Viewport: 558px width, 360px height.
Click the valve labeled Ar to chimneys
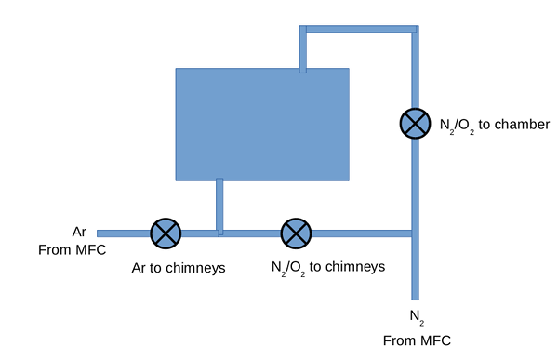166,233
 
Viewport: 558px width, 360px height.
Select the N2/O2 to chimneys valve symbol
296,233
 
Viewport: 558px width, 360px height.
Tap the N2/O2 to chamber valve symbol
416,123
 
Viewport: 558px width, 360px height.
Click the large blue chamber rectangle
262,125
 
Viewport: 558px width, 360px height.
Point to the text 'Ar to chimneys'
179,268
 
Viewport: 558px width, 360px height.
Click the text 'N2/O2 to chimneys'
328,267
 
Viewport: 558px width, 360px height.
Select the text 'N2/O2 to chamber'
495,126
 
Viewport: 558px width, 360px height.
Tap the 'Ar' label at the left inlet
79,232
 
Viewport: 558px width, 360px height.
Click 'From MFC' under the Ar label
73,250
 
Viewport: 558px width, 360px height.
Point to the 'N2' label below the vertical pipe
417,317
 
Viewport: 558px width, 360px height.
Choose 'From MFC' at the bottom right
417,340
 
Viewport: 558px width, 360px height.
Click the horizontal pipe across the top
359,29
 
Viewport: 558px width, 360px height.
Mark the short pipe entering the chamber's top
303,49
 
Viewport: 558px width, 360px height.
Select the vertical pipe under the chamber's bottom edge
219,207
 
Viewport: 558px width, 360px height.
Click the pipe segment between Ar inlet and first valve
124,233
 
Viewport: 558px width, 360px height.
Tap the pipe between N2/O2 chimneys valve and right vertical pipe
362,233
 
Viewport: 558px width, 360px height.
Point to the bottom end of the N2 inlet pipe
416,300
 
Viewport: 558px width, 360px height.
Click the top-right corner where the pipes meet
416,29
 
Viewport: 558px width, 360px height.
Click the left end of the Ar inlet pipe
98,233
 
